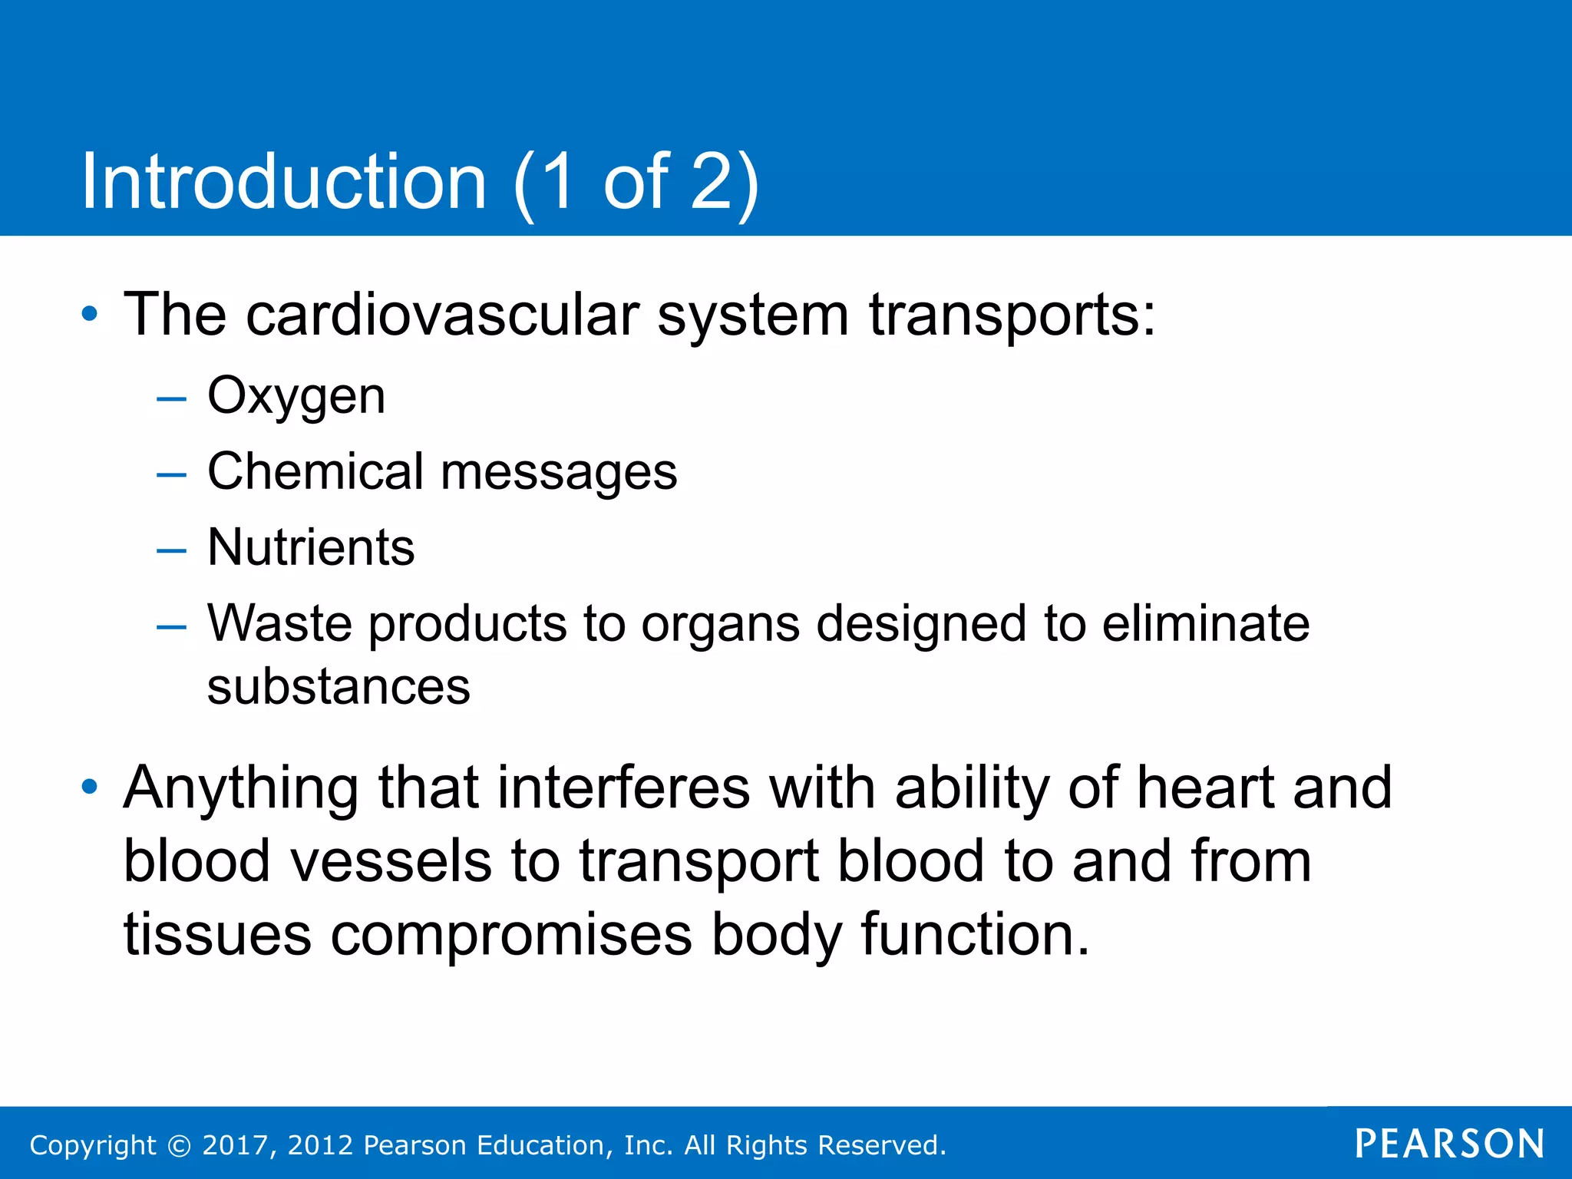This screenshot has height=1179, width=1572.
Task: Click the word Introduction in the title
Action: coord(284,182)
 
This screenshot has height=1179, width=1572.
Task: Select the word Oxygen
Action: coord(296,398)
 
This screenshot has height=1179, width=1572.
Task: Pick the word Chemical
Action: coord(315,471)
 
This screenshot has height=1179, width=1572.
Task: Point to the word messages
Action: coord(559,473)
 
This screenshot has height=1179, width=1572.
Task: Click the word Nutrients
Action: coord(311,547)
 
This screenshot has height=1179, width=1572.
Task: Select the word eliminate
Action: coord(1206,623)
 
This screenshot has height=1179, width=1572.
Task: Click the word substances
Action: coord(339,687)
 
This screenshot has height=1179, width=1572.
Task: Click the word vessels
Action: coord(391,861)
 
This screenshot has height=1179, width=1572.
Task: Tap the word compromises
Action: coord(511,936)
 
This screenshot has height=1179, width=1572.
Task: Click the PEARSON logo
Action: coord(1449,1144)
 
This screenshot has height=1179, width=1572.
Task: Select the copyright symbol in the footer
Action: coord(180,1146)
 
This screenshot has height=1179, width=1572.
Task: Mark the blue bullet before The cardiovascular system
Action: coord(90,314)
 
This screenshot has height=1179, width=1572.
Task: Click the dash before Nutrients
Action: coord(171,550)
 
